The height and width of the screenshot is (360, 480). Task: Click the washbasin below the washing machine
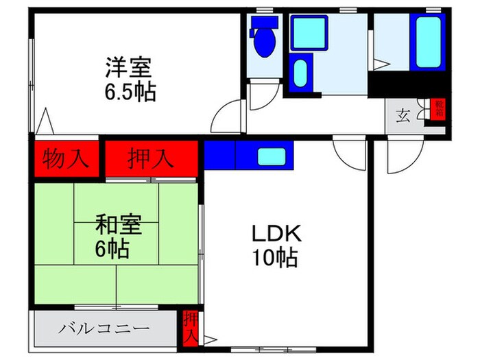click(x=299, y=74)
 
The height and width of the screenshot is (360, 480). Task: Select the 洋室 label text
click(x=128, y=69)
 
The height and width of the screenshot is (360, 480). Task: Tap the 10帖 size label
click(x=275, y=258)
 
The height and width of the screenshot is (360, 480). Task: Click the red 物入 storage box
click(x=66, y=159)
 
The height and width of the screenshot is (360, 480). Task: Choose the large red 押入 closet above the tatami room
click(x=151, y=159)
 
